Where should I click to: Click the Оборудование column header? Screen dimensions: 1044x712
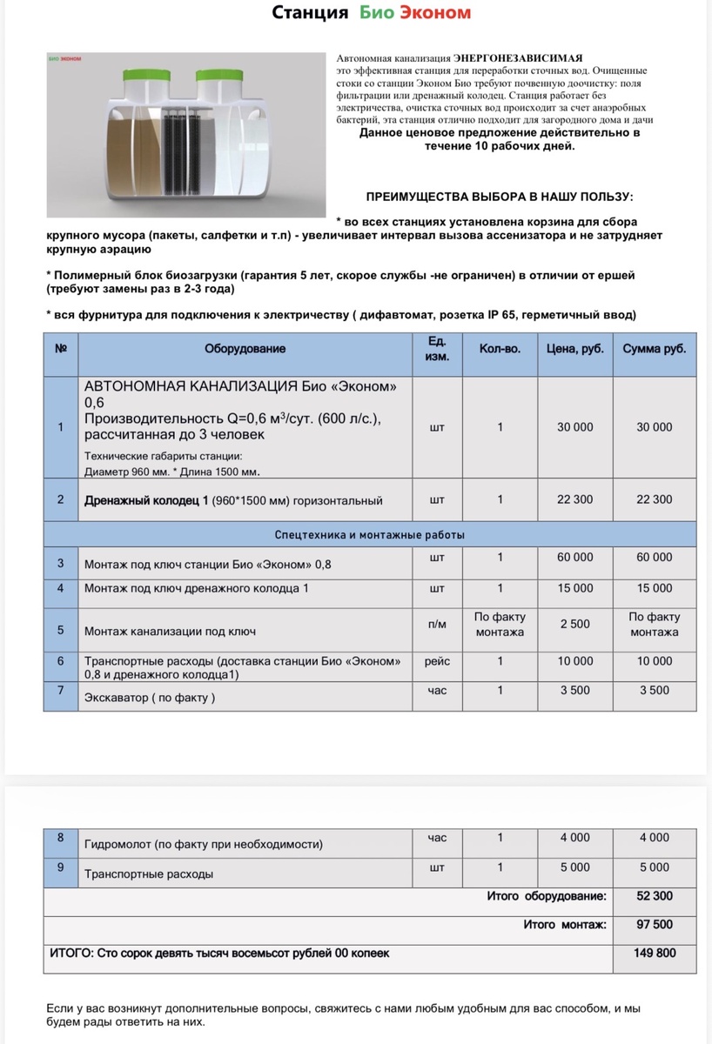pyautogui.click(x=245, y=349)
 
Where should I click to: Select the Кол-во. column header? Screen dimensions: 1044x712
pyautogui.click(x=500, y=349)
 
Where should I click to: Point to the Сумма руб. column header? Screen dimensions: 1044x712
pyautogui.click(x=654, y=349)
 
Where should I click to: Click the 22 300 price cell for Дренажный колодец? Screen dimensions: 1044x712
pyautogui.click(x=575, y=499)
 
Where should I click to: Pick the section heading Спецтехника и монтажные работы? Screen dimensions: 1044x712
pyautogui.click(x=370, y=534)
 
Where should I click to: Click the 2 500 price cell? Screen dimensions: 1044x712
pyautogui.click(x=575, y=625)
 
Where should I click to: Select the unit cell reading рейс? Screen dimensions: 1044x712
pyautogui.click(x=437, y=661)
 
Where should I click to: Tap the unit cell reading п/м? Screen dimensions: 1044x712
pyautogui.click(x=437, y=625)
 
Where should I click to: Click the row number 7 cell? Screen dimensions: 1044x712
pyautogui.click(x=61, y=690)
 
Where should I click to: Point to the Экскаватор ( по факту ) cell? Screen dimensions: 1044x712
pyautogui.click(x=150, y=698)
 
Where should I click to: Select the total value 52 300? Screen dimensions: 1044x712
pyautogui.click(x=655, y=896)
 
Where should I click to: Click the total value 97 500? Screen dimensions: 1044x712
pyautogui.click(x=655, y=925)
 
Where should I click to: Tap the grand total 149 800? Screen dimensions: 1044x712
pyautogui.click(x=655, y=954)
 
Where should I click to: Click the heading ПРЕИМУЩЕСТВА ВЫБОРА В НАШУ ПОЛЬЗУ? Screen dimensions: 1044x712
pyautogui.click(x=500, y=197)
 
